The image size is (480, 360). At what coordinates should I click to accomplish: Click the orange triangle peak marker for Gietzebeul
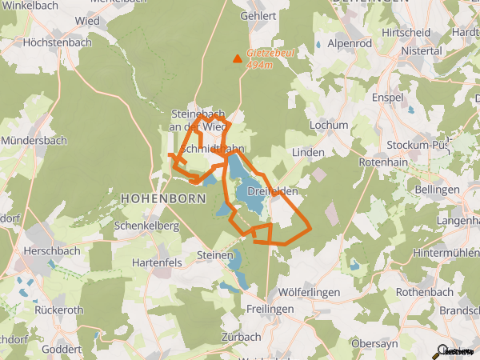click(x=237, y=58)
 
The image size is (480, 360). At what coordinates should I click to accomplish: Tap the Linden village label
click(x=308, y=152)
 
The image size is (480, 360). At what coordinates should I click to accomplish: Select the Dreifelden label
click(x=273, y=191)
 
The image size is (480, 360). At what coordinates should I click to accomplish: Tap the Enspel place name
click(x=387, y=97)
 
